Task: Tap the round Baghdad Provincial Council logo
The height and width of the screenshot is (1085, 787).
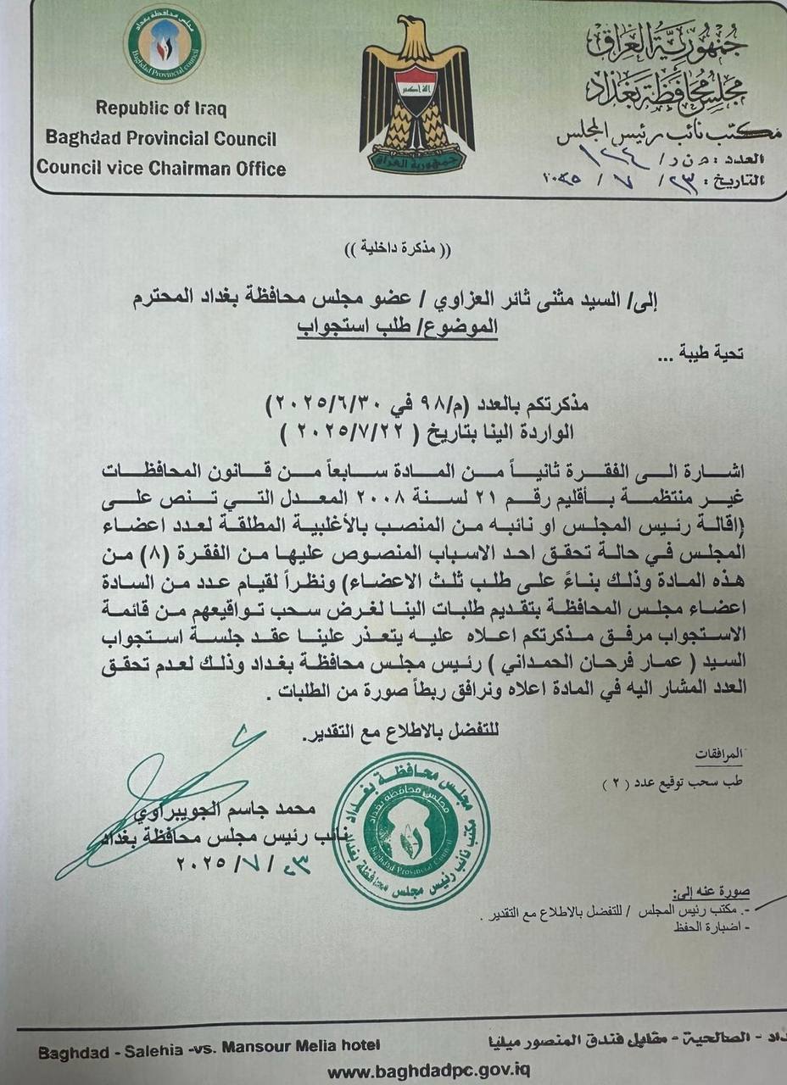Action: point(165,43)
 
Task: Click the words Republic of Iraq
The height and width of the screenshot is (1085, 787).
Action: point(161,108)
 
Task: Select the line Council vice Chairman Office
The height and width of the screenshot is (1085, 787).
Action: point(161,168)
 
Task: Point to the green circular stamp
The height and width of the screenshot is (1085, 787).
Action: point(410,832)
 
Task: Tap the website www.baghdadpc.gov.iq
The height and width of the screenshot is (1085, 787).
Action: point(429,1071)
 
